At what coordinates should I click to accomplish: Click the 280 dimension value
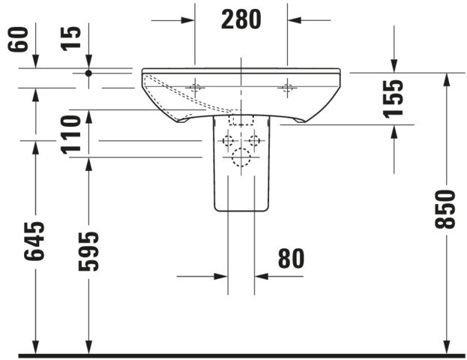[241, 19]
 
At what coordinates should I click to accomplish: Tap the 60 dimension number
[18, 39]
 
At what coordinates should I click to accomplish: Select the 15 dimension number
[71, 39]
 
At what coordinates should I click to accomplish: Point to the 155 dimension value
[393, 99]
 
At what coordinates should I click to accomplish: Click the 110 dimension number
[71, 135]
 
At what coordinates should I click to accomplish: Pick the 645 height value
[34, 241]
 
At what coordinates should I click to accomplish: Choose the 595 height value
[88, 251]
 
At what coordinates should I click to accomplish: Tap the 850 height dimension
[445, 209]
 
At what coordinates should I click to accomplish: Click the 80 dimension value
[291, 259]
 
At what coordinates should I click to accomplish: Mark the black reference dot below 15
[88, 73]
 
